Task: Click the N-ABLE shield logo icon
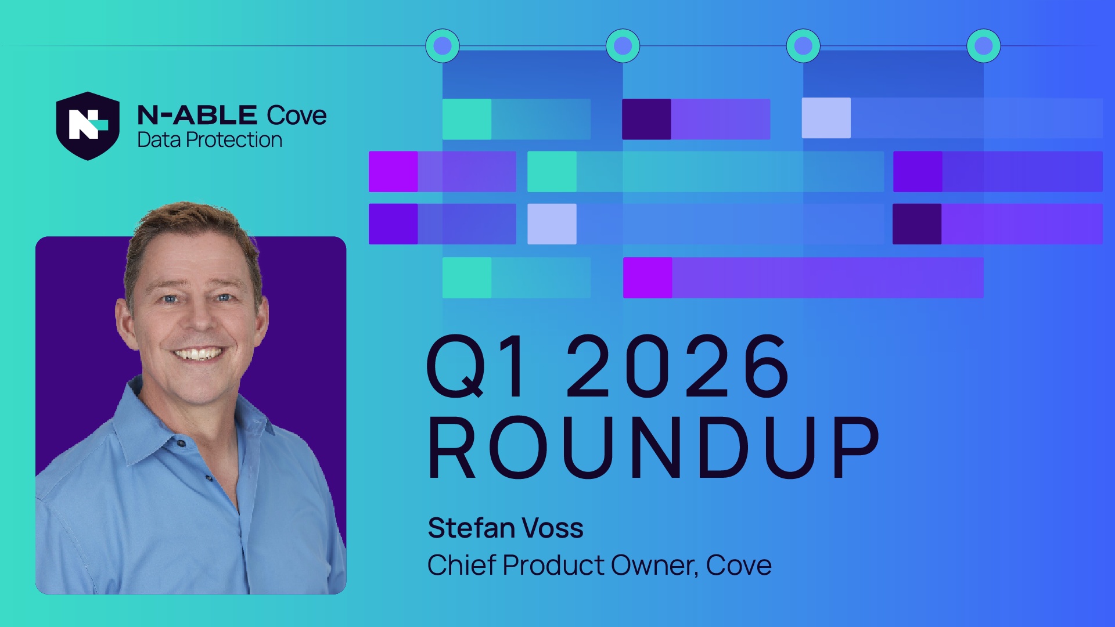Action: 88,125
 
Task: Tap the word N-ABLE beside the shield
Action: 197,116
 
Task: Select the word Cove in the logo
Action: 297,116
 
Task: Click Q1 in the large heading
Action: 477,366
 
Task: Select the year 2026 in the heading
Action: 677,366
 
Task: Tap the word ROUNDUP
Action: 654,447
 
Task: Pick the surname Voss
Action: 553,528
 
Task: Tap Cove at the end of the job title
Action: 739,565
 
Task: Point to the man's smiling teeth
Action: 198,353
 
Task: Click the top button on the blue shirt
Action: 181,444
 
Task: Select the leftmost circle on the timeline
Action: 443,46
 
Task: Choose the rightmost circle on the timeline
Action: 984,46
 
